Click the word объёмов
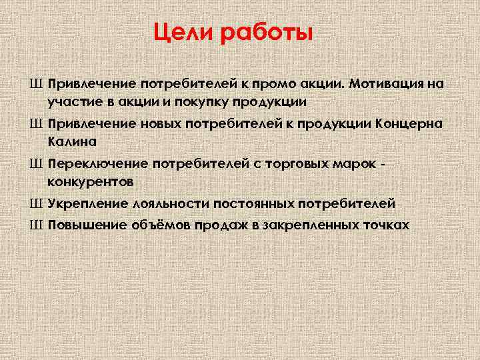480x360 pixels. (159, 225)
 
